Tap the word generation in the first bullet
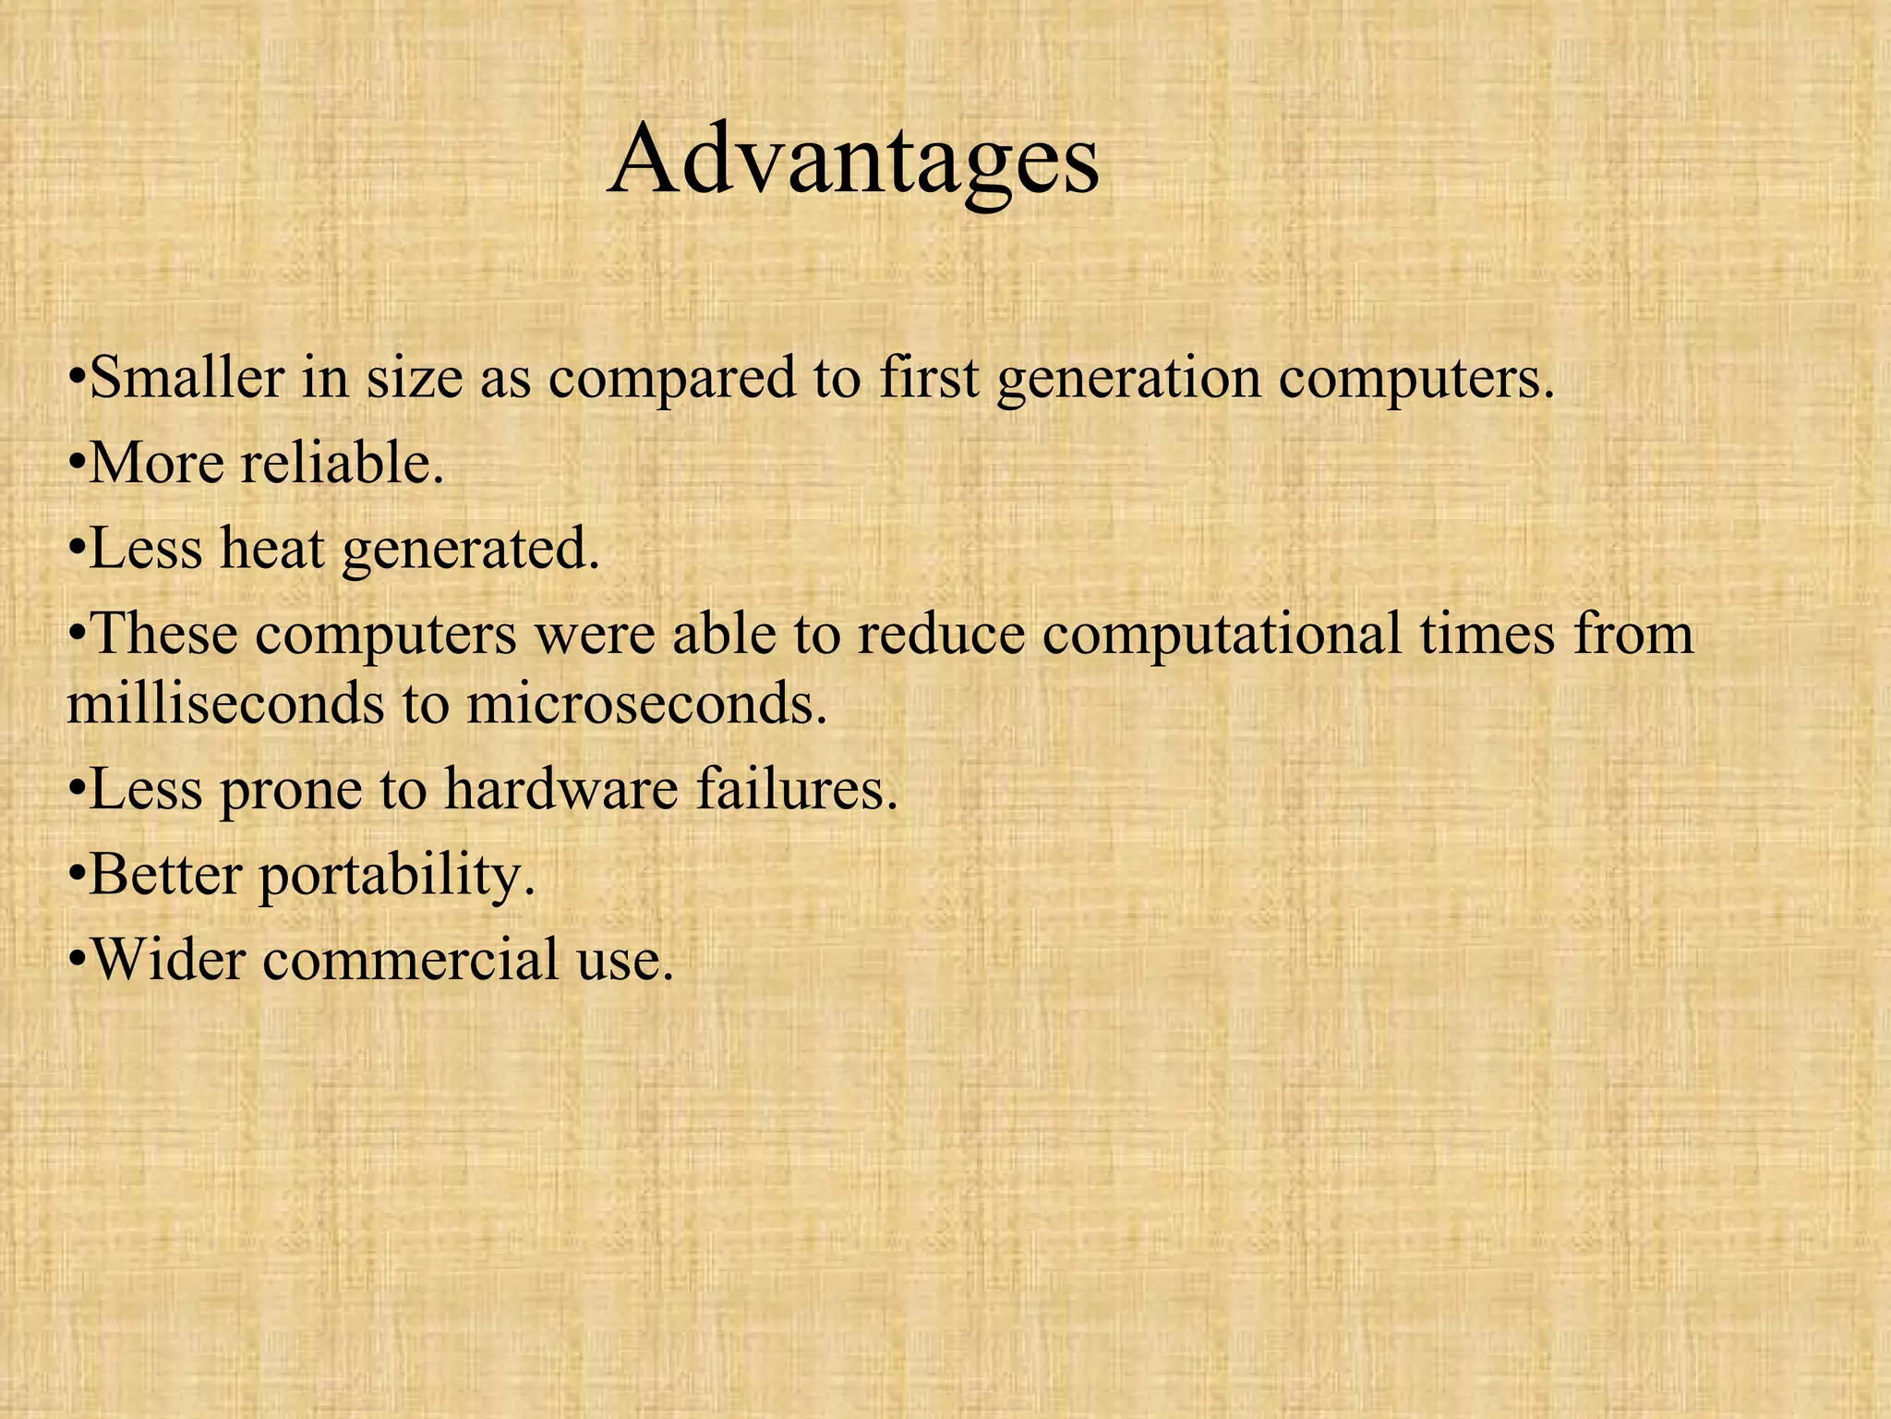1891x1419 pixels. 1128,379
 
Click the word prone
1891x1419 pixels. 290,791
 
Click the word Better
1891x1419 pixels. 165,874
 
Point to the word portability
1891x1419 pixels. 396,876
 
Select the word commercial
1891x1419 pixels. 411,958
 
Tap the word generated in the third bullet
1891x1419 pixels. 471,550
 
